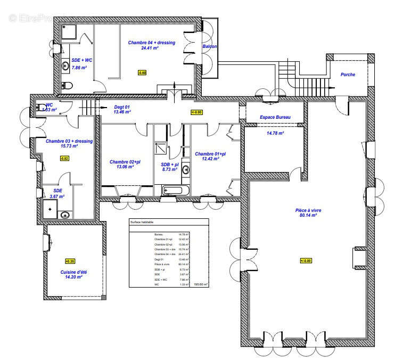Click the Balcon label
point(209,47)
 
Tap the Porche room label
point(348,75)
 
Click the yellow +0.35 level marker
point(70,261)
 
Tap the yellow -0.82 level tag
point(64,159)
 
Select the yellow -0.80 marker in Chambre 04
point(142,72)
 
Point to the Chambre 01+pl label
point(210,154)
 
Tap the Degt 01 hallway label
point(121,107)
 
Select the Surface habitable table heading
point(142,222)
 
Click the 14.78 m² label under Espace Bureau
point(275,133)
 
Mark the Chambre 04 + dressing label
point(151,42)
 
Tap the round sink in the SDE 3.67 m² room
point(65,215)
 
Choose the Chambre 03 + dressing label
point(69,141)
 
